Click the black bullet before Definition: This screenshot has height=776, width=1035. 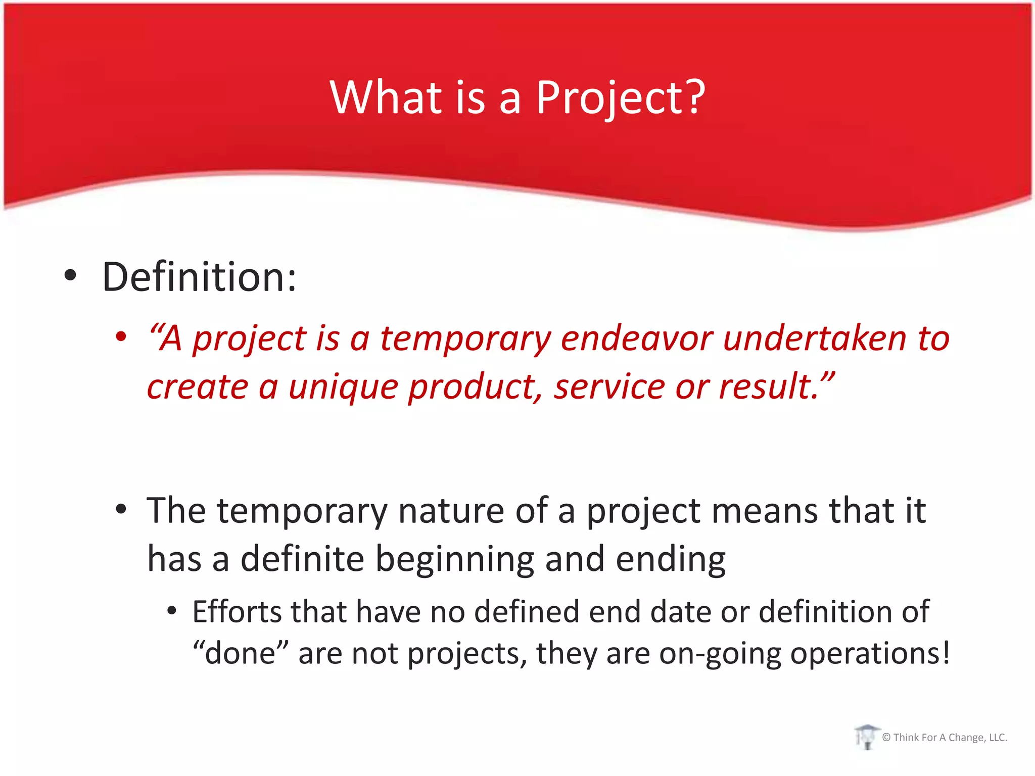point(70,276)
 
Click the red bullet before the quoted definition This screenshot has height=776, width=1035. point(120,336)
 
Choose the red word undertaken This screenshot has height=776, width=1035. point(815,338)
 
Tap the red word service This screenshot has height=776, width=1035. point(609,387)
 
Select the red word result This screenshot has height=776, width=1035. point(768,387)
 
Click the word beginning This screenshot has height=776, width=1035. point(454,560)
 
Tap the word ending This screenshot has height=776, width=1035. point(671,560)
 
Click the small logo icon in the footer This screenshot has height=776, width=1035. point(866,737)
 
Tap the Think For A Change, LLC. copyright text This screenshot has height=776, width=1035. point(945,738)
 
